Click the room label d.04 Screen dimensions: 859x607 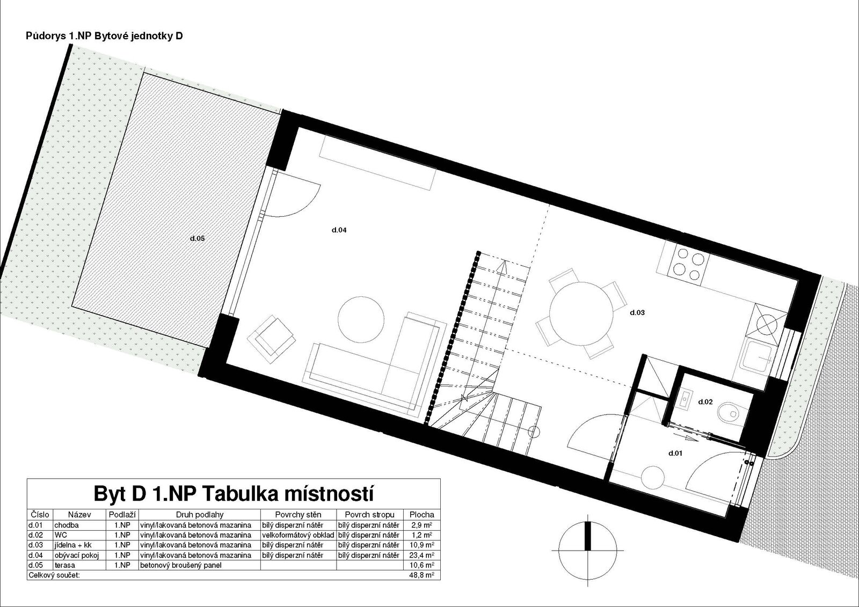(339, 230)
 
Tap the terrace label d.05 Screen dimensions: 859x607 (198, 238)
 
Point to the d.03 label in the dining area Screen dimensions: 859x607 (637, 312)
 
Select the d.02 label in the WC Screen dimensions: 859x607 (705, 402)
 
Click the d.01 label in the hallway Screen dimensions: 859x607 (675, 453)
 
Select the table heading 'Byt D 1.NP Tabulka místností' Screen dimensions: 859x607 (233, 494)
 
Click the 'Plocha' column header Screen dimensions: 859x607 (422, 515)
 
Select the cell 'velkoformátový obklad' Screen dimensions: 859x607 (299, 535)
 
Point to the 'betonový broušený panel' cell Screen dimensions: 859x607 (180, 565)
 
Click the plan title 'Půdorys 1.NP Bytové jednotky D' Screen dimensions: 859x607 (104, 36)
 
